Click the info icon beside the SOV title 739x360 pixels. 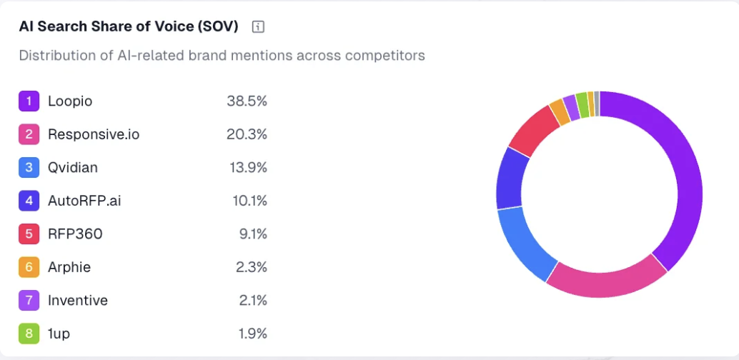coord(259,27)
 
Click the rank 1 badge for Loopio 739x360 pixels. coord(29,101)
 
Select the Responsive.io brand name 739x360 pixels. coord(94,134)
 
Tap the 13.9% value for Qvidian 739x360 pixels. coord(247,168)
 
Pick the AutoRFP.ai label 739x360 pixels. coord(84,201)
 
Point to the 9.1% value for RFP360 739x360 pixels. coord(253,234)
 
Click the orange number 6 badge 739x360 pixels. coord(29,267)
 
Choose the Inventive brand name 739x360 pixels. coord(78,300)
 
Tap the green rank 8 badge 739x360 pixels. coord(29,334)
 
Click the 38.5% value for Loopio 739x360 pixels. coord(247,101)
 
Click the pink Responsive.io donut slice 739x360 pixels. coord(607,280)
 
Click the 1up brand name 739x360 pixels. coord(59,334)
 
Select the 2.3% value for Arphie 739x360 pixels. coord(253,267)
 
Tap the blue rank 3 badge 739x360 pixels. coord(29,168)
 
